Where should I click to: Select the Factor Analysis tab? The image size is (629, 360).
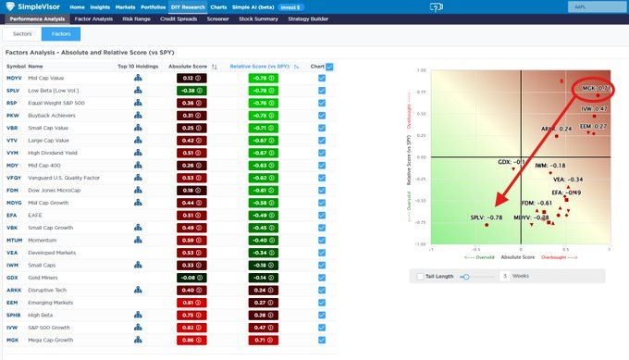click(x=92, y=18)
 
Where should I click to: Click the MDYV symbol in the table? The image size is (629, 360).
click(x=14, y=78)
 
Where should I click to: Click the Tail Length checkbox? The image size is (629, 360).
click(x=421, y=276)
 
